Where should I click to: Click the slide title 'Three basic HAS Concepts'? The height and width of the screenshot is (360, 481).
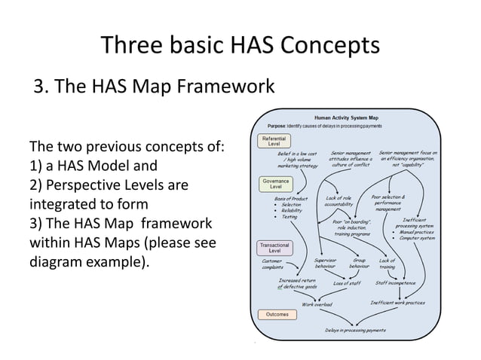[x=240, y=46]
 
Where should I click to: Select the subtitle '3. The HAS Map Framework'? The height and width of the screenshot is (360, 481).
[x=153, y=87]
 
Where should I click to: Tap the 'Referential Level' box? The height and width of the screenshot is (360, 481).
[x=272, y=141]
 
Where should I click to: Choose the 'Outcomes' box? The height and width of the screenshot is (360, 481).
[x=272, y=313]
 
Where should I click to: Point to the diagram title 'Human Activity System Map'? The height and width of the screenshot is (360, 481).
[x=346, y=117]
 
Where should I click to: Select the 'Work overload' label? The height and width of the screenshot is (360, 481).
[x=317, y=304]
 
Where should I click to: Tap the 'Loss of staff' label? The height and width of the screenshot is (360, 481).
[x=348, y=283]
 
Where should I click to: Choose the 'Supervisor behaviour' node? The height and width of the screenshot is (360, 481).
[x=325, y=264]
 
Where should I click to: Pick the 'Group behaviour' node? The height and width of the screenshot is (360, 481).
[x=359, y=264]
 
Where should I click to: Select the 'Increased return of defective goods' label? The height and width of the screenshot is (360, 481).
[x=299, y=283]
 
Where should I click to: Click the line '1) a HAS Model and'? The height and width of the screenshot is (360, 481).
[x=93, y=166]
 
